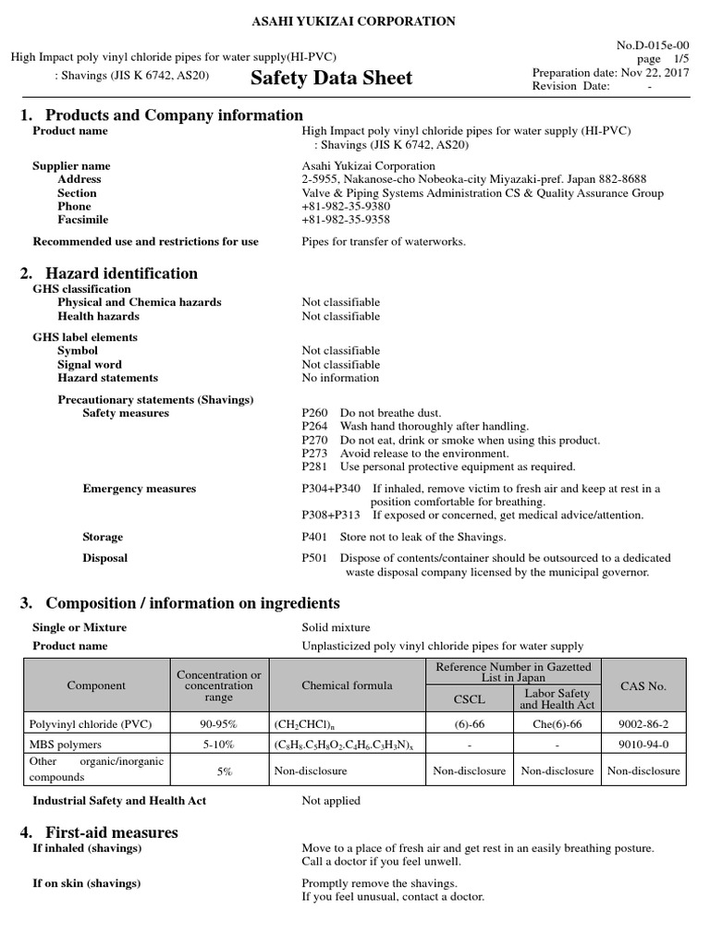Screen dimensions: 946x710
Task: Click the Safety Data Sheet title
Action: tap(331, 79)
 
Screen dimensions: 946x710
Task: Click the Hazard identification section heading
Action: tap(121, 273)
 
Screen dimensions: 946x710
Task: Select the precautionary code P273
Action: tap(314, 454)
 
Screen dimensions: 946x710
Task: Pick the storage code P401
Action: tap(314, 537)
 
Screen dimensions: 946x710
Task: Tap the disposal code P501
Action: tap(314, 558)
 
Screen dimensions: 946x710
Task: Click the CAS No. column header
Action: tap(643, 686)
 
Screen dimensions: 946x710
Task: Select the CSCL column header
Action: tap(469, 699)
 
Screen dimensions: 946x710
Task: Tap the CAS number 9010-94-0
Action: tap(643, 745)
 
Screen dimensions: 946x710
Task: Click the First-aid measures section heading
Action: tap(112, 832)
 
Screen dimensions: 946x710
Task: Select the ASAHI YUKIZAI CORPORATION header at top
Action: tap(355, 20)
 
